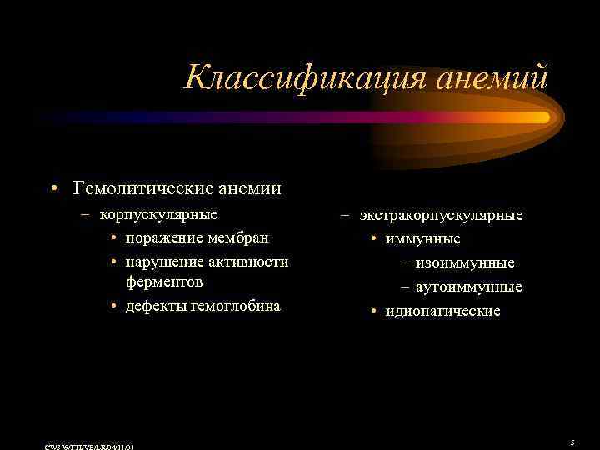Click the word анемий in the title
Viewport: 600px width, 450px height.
pos(494,78)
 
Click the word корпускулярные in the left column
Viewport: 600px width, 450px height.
pos(158,214)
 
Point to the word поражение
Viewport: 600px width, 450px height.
pos(161,237)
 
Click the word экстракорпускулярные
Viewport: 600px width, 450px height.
pos(442,216)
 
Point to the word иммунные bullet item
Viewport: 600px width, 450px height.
pos(422,239)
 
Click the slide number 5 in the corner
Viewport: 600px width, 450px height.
pos(572,442)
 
